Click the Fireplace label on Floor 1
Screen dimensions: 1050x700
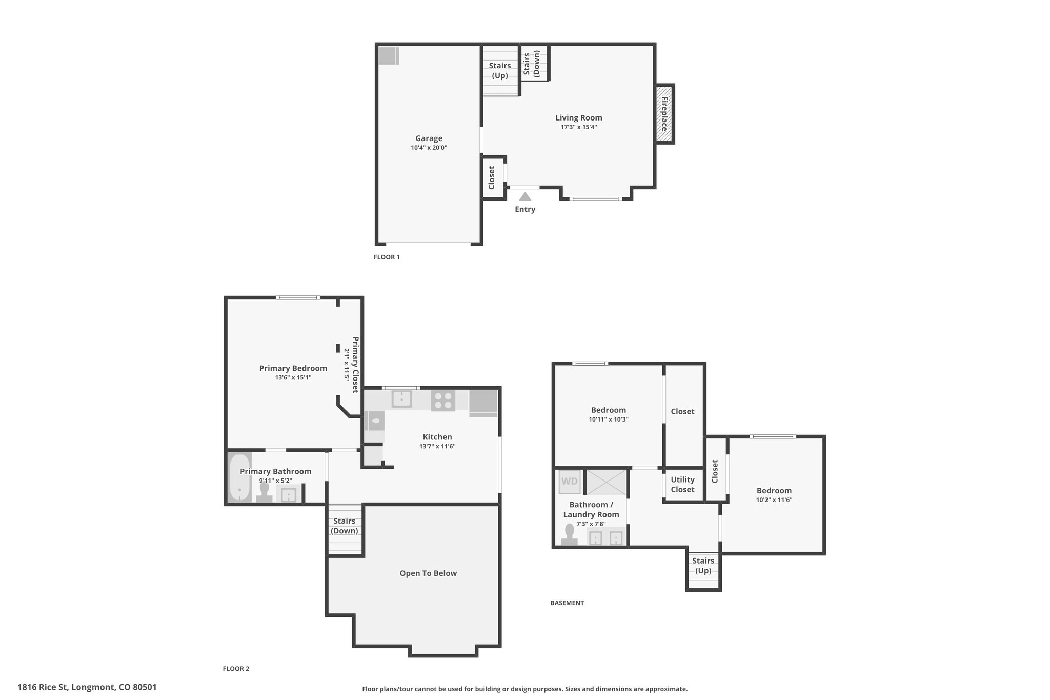(664, 114)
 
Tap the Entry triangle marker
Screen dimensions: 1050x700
(525, 196)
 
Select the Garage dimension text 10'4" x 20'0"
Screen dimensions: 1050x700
(429, 148)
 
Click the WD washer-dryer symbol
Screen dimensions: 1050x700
(570, 482)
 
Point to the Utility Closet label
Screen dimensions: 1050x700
(683, 485)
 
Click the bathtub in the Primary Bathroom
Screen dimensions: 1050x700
(239, 478)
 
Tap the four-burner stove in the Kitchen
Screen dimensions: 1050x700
(443, 401)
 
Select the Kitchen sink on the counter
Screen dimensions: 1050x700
(402, 399)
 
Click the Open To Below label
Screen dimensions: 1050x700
(428, 573)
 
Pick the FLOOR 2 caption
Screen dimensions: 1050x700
(236, 669)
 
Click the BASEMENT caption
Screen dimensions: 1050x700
(567, 603)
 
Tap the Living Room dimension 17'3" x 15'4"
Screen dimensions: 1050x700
(579, 127)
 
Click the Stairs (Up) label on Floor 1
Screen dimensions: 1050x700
(500, 71)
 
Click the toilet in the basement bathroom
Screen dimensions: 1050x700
(569, 535)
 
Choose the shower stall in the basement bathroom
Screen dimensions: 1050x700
(606, 482)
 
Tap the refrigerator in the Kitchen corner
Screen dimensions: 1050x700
(483, 403)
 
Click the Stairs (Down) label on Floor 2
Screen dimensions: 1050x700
(345, 526)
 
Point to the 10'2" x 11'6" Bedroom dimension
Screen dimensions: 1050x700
(774, 500)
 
